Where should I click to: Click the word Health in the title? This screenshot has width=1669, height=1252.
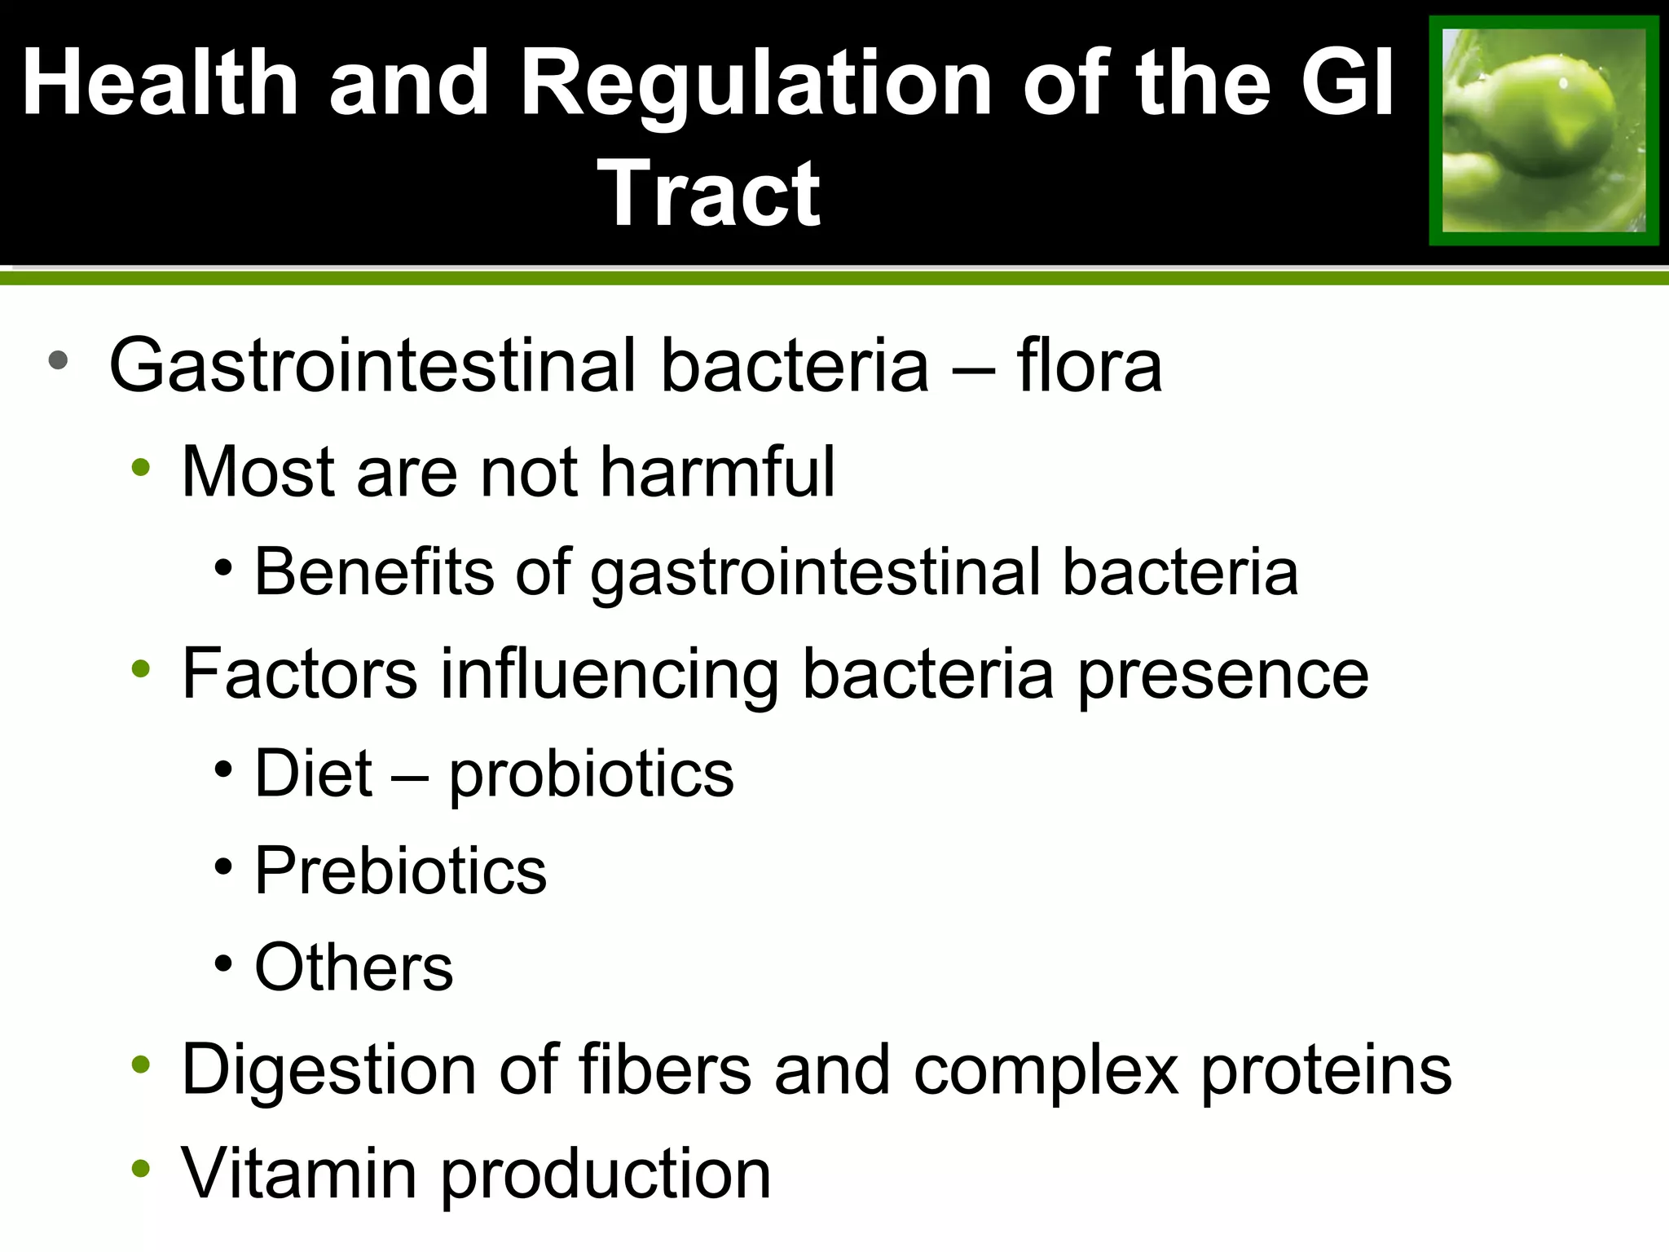click(161, 83)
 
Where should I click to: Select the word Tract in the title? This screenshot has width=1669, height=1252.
click(709, 194)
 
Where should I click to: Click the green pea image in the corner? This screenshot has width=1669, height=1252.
click(1543, 130)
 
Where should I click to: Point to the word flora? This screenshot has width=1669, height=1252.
click(1089, 366)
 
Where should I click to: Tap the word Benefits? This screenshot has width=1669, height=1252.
click(374, 571)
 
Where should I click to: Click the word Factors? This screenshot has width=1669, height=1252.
click(299, 673)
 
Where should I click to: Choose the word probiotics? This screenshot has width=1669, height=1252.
click(592, 774)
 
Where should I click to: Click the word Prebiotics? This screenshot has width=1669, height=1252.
click(400, 871)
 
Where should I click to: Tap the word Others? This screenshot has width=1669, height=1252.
click(354, 968)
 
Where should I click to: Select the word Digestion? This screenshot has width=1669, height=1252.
click(328, 1070)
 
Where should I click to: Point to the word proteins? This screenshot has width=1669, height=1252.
click(1326, 1070)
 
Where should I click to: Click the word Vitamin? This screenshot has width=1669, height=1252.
click(299, 1173)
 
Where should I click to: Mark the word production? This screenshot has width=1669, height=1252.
click(606, 1175)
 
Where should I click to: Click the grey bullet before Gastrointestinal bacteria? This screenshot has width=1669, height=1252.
click(58, 360)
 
